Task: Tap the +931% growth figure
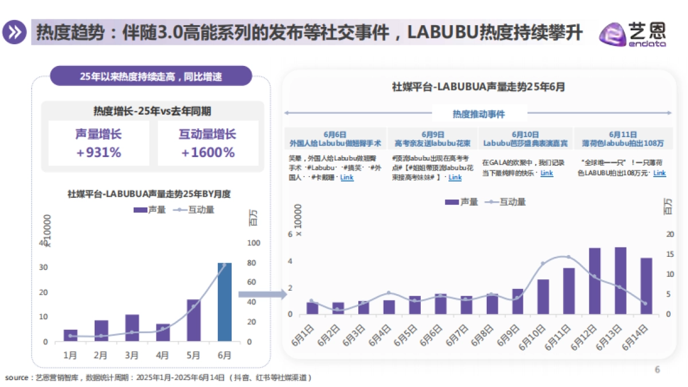99,153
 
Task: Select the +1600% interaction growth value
208,153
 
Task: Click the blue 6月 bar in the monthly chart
225,302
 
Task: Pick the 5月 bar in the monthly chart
194,320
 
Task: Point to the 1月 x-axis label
71,355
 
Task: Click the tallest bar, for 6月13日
620,281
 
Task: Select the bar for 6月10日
543,296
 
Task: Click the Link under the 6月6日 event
347,178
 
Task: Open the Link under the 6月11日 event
659,173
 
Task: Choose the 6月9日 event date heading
432,134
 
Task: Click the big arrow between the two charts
262,294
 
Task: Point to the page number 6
658,370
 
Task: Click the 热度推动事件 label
479,114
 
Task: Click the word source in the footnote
16,378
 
